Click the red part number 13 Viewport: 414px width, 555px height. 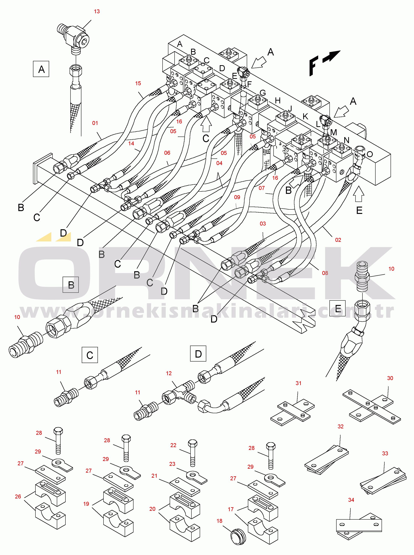pos(97,11)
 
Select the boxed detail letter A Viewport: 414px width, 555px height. pos(41,69)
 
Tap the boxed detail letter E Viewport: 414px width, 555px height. pos(337,308)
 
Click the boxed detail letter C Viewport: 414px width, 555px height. pos(90,355)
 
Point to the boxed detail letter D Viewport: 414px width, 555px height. pos(198,354)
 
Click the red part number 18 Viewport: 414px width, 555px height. pos(219,521)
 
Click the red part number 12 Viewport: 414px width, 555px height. pos(169,373)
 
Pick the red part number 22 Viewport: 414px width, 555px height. pos(173,445)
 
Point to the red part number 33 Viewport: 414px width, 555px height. pos(385,453)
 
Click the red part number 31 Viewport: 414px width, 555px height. pos(298,383)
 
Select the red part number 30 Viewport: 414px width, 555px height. pos(390,378)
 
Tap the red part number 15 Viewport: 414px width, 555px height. pos(138,83)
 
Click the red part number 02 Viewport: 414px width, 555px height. pos(338,240)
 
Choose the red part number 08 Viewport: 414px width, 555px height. pos(325,273)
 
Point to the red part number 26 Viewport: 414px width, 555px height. pos(18,496)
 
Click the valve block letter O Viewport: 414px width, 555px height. pos(370,154)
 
